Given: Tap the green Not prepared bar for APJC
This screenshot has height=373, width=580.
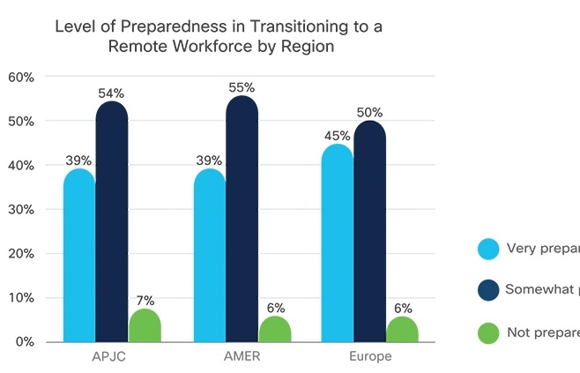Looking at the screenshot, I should pos(145,325).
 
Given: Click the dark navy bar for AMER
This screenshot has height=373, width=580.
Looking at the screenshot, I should pos(242,220).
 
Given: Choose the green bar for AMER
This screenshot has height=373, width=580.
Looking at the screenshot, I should pos(274,329).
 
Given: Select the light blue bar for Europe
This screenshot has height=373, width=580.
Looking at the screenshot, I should pos(337,243).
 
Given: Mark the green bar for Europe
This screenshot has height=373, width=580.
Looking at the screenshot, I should pos(402,329).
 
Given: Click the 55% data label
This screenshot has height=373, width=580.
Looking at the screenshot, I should pos(242,87).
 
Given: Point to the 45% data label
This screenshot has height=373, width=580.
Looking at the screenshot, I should pos(337,136).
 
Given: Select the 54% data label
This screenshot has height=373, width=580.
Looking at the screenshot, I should pos(112,93).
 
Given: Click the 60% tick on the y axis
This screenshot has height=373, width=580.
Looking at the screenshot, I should pos(21,77).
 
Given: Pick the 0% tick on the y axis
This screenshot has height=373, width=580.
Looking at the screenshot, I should pos(24,341).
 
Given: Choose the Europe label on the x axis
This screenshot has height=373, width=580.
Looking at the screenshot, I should pos(369,357).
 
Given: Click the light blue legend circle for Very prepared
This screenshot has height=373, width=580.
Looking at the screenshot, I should pos(487,248).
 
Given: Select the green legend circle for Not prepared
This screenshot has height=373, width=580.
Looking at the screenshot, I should pos(487,332).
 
